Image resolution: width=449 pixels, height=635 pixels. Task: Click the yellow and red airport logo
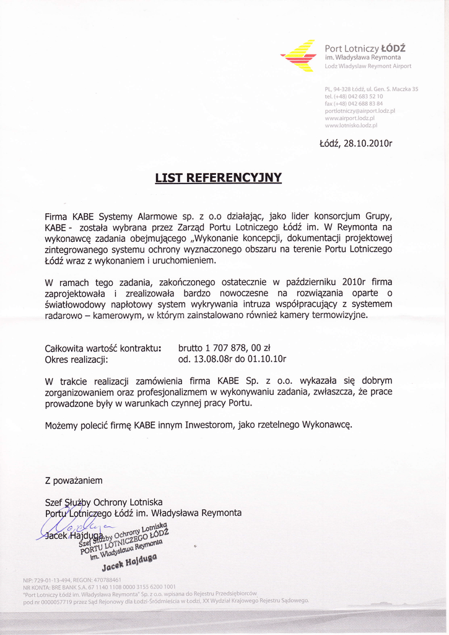click(x=299, y=55)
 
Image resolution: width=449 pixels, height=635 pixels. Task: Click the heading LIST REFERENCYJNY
click(x=218, y=178)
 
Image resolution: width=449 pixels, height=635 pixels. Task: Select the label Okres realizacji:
click(x=77, y=359)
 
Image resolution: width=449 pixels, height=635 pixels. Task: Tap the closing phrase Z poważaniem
click(x=74, y=481)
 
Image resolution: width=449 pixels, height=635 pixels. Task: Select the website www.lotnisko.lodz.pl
click(x=351, y=125)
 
